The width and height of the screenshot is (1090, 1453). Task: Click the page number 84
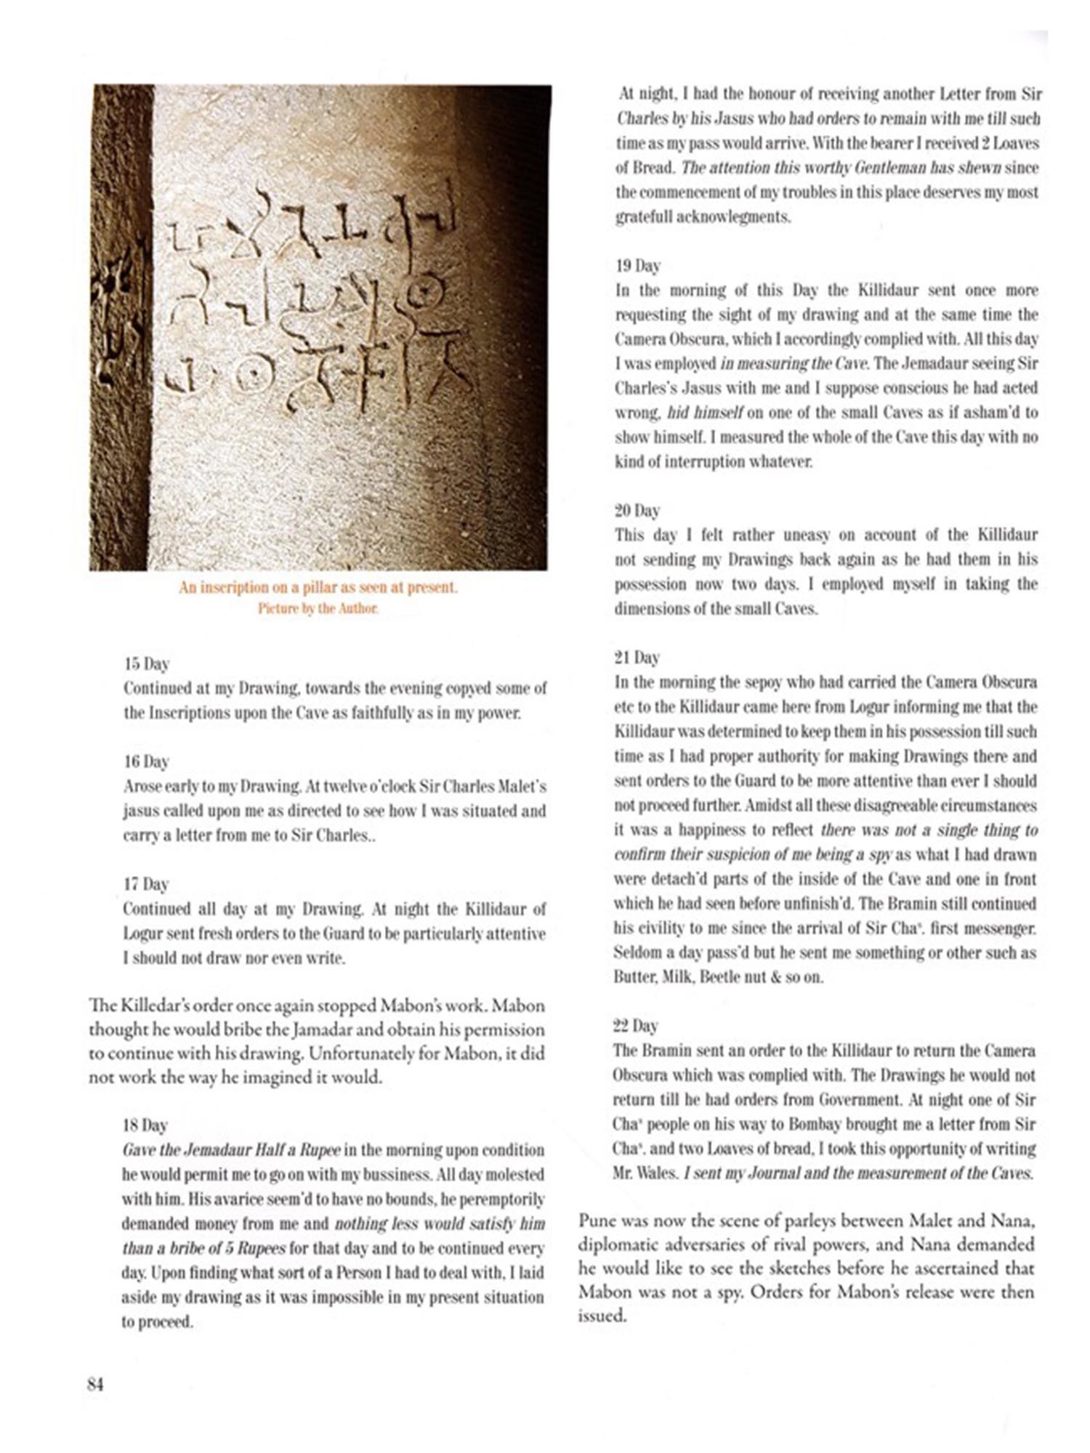96,1384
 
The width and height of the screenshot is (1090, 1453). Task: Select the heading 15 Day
146,664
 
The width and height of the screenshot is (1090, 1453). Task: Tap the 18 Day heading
145,1125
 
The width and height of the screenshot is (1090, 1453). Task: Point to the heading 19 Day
637,266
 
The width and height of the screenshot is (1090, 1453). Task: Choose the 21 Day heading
637,657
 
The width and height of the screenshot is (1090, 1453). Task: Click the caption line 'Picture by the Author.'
318,608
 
